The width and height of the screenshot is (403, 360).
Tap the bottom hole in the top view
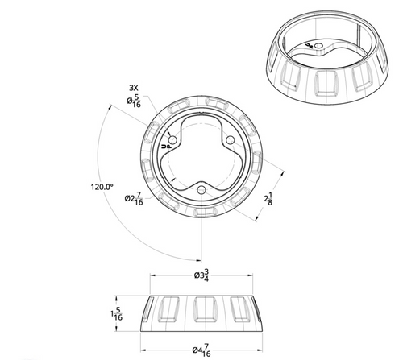[x=200, y=189]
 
